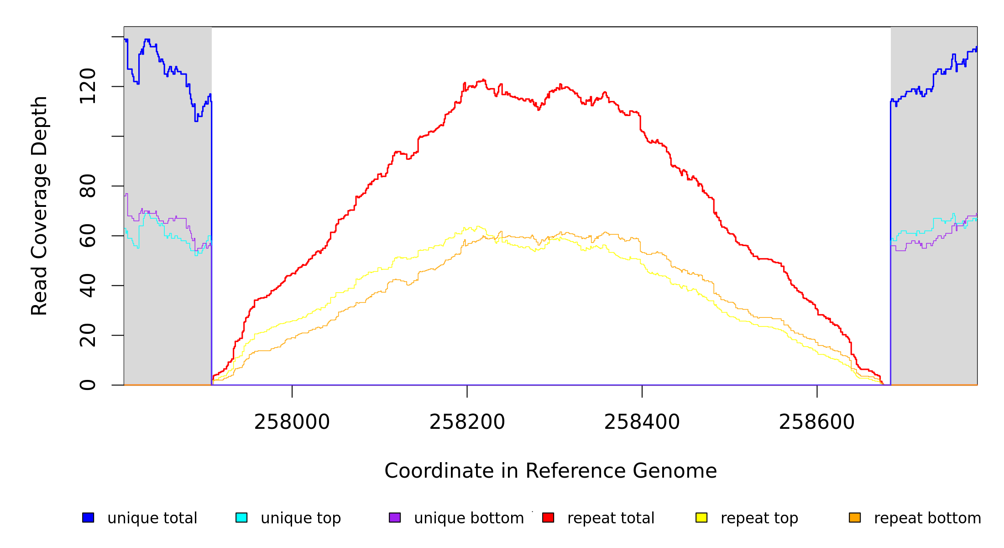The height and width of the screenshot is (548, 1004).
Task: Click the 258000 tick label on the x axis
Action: click(x=292, y=422)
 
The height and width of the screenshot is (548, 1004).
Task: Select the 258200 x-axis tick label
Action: click(x=467, y=422)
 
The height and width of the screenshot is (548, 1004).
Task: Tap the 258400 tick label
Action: click(x=642, y=422)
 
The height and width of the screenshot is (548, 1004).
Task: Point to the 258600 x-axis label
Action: click(x=816, y=422)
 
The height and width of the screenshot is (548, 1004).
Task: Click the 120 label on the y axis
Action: click(x=88, y=86)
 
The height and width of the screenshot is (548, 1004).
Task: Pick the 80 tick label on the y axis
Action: click(x=88, y=186)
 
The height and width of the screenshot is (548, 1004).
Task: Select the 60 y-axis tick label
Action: click(x=88, y=236)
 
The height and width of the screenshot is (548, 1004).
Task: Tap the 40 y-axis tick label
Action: click(x=88, y=285)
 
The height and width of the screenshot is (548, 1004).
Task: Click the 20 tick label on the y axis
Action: click(x=88, y=335)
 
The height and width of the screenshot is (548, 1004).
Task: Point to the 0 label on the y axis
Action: click(x=88, y=385)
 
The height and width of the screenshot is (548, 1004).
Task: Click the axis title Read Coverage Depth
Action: click(x=39, y=205)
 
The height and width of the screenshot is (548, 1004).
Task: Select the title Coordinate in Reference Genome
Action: click(x=550, y=471)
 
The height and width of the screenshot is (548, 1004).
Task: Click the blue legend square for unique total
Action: click(x=88, y=517)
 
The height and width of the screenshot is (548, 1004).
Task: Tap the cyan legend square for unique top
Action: click(x=241, y=517)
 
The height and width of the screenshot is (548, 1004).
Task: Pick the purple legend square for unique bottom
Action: click(x=395, y=517)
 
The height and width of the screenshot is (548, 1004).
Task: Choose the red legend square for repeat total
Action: click(x=548, y=517)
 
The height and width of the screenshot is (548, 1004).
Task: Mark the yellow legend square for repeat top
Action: click(x=701, y=517)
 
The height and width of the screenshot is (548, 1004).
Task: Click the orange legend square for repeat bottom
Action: click(x=855, y=517)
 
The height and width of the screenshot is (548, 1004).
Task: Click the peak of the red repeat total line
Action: click(x=483, y=79)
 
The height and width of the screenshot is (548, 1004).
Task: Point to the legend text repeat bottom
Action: click(x=927, y=518)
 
